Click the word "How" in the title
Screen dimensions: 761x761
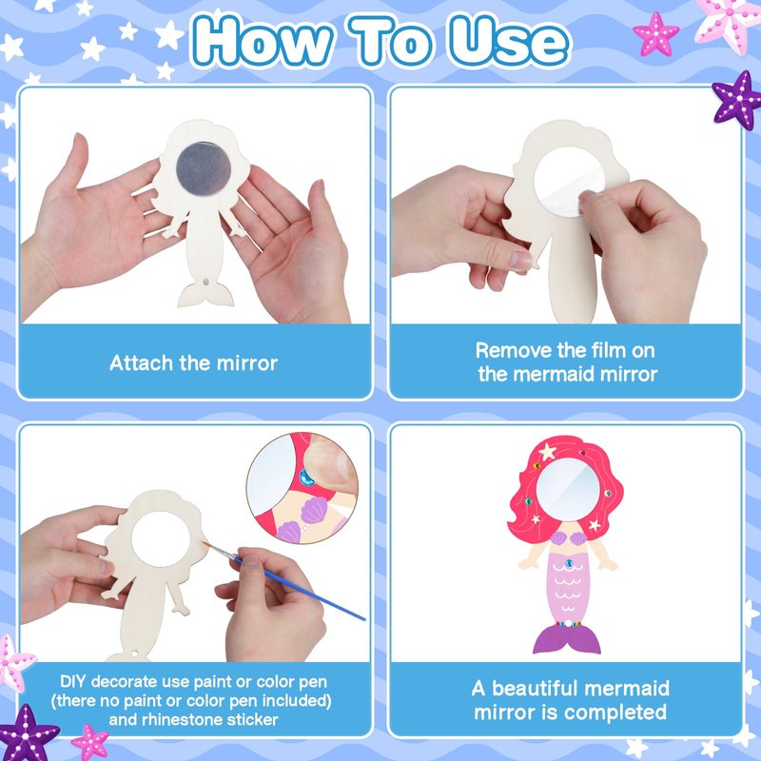[x=263, y=41]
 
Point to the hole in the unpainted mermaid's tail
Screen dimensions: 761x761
[x=206, y=282]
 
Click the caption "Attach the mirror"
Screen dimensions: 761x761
[x=194, y=363]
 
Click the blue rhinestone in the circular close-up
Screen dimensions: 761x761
[x=306, y=478]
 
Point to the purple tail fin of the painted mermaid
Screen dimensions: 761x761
[x=566, y=638]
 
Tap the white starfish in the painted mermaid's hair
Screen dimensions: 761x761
[x=548, y=452]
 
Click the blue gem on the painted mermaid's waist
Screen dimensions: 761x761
[x=569, y=563]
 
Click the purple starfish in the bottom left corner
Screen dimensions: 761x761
[x=28, y=733]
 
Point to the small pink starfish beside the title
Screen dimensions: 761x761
[x=655, y=33]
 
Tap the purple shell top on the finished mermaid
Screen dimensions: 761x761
[x=567, y=538]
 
